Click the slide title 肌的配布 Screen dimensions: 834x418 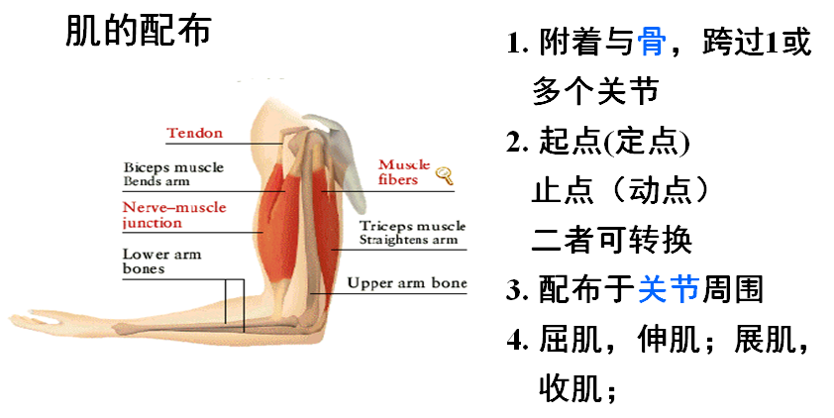coord(138,31)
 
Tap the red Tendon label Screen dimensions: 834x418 coord(194,133)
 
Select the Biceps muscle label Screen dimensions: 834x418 coord(173,167)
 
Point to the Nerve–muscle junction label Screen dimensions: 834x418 coord(173,215)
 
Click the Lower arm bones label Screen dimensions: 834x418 coord(161,261)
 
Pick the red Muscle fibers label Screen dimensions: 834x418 coord(404,171)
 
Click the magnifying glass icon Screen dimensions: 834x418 coord(444,176)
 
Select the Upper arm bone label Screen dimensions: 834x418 coord(406,283)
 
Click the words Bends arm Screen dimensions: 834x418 coord(156,181)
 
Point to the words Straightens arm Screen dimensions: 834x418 coord(407,240)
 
